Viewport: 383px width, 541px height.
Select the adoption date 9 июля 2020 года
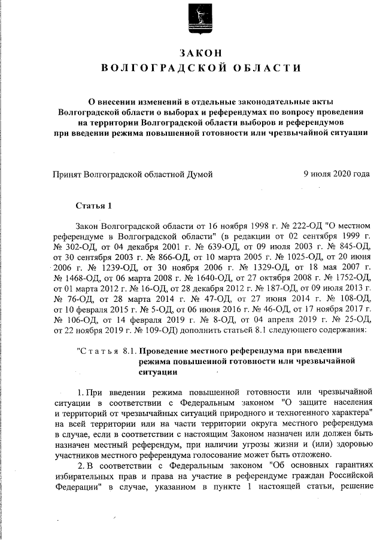point(336,175)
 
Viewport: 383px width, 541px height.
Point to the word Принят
point(68,175)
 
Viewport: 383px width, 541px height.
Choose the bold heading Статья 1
point(94,206)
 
